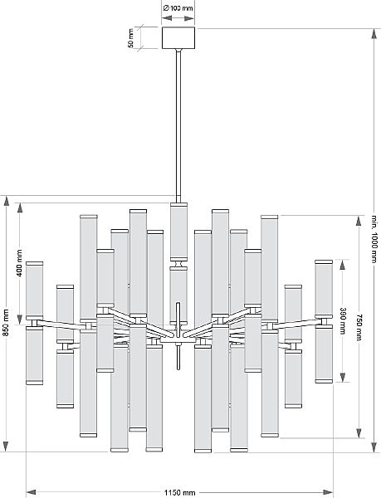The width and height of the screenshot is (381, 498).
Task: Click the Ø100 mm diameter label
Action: click(178, 8)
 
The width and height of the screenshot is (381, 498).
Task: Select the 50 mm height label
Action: click(131, 38)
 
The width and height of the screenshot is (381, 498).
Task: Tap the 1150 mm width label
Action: click(179, 492)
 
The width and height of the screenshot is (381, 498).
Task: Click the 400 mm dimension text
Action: click(20, 263)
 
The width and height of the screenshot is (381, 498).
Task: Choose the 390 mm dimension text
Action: click(343, 320)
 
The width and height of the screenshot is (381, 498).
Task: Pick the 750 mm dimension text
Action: click(359, 327)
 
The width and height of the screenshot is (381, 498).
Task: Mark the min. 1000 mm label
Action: click(374, 239)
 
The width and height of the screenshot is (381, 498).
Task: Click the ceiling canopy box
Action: click(178, 38)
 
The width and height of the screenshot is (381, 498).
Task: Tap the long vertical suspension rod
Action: click(178, 125)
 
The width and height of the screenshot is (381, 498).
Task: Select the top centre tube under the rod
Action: click(178, 232)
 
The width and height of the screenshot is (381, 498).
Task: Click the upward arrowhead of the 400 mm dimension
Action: click(20, 207)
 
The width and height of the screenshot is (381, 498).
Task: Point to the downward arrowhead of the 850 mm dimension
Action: click(6, 447)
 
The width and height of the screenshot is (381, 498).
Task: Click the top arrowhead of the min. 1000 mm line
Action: click(374, 33)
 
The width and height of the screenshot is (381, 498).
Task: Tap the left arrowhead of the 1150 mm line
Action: click(31, 492)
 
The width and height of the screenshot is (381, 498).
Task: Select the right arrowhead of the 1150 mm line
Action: click(328, 492)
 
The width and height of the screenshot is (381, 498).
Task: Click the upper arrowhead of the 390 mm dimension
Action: click(343, 265)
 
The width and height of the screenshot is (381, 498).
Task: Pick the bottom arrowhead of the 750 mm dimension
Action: click(359, 433)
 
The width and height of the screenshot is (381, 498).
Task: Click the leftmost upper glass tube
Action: click(34, 290)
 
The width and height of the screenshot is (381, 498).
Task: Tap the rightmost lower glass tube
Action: click(324, 354)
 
